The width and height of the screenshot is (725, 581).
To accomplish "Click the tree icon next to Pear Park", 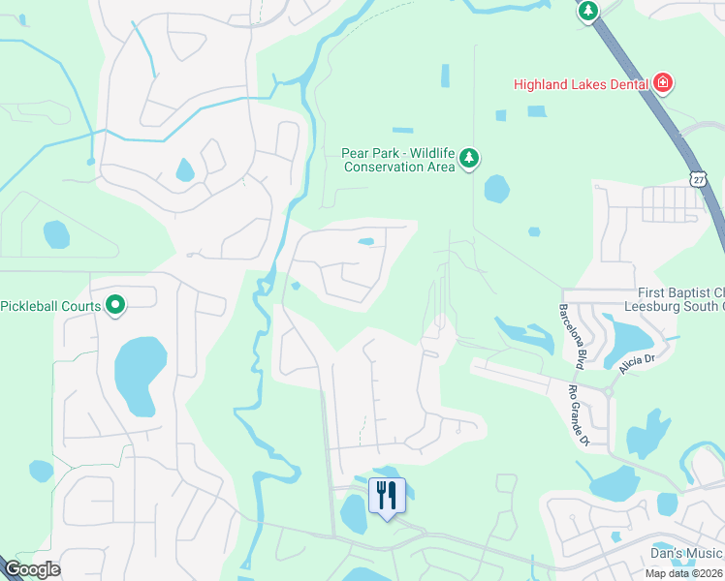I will (469, 158).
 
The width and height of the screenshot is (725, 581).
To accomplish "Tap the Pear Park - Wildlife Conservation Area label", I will (397, 160).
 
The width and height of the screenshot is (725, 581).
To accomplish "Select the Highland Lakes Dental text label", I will (581, 84).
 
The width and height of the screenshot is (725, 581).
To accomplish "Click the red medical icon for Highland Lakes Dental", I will (663, 83).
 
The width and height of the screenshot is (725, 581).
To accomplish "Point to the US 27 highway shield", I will (699, 179).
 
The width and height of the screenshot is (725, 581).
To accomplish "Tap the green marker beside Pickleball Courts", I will (115, 306).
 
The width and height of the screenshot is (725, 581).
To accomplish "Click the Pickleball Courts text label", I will (50, 306).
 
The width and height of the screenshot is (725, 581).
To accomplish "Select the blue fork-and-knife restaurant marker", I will (387, 496).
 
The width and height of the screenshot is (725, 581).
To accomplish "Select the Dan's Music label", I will (686, 553).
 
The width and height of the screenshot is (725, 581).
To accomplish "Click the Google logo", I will (32, 569).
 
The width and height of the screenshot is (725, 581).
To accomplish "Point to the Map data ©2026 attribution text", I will (683, 573).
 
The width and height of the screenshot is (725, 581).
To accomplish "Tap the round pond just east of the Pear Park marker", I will (496, 188).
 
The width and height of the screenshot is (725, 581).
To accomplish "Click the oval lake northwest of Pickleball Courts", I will (56, 234).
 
